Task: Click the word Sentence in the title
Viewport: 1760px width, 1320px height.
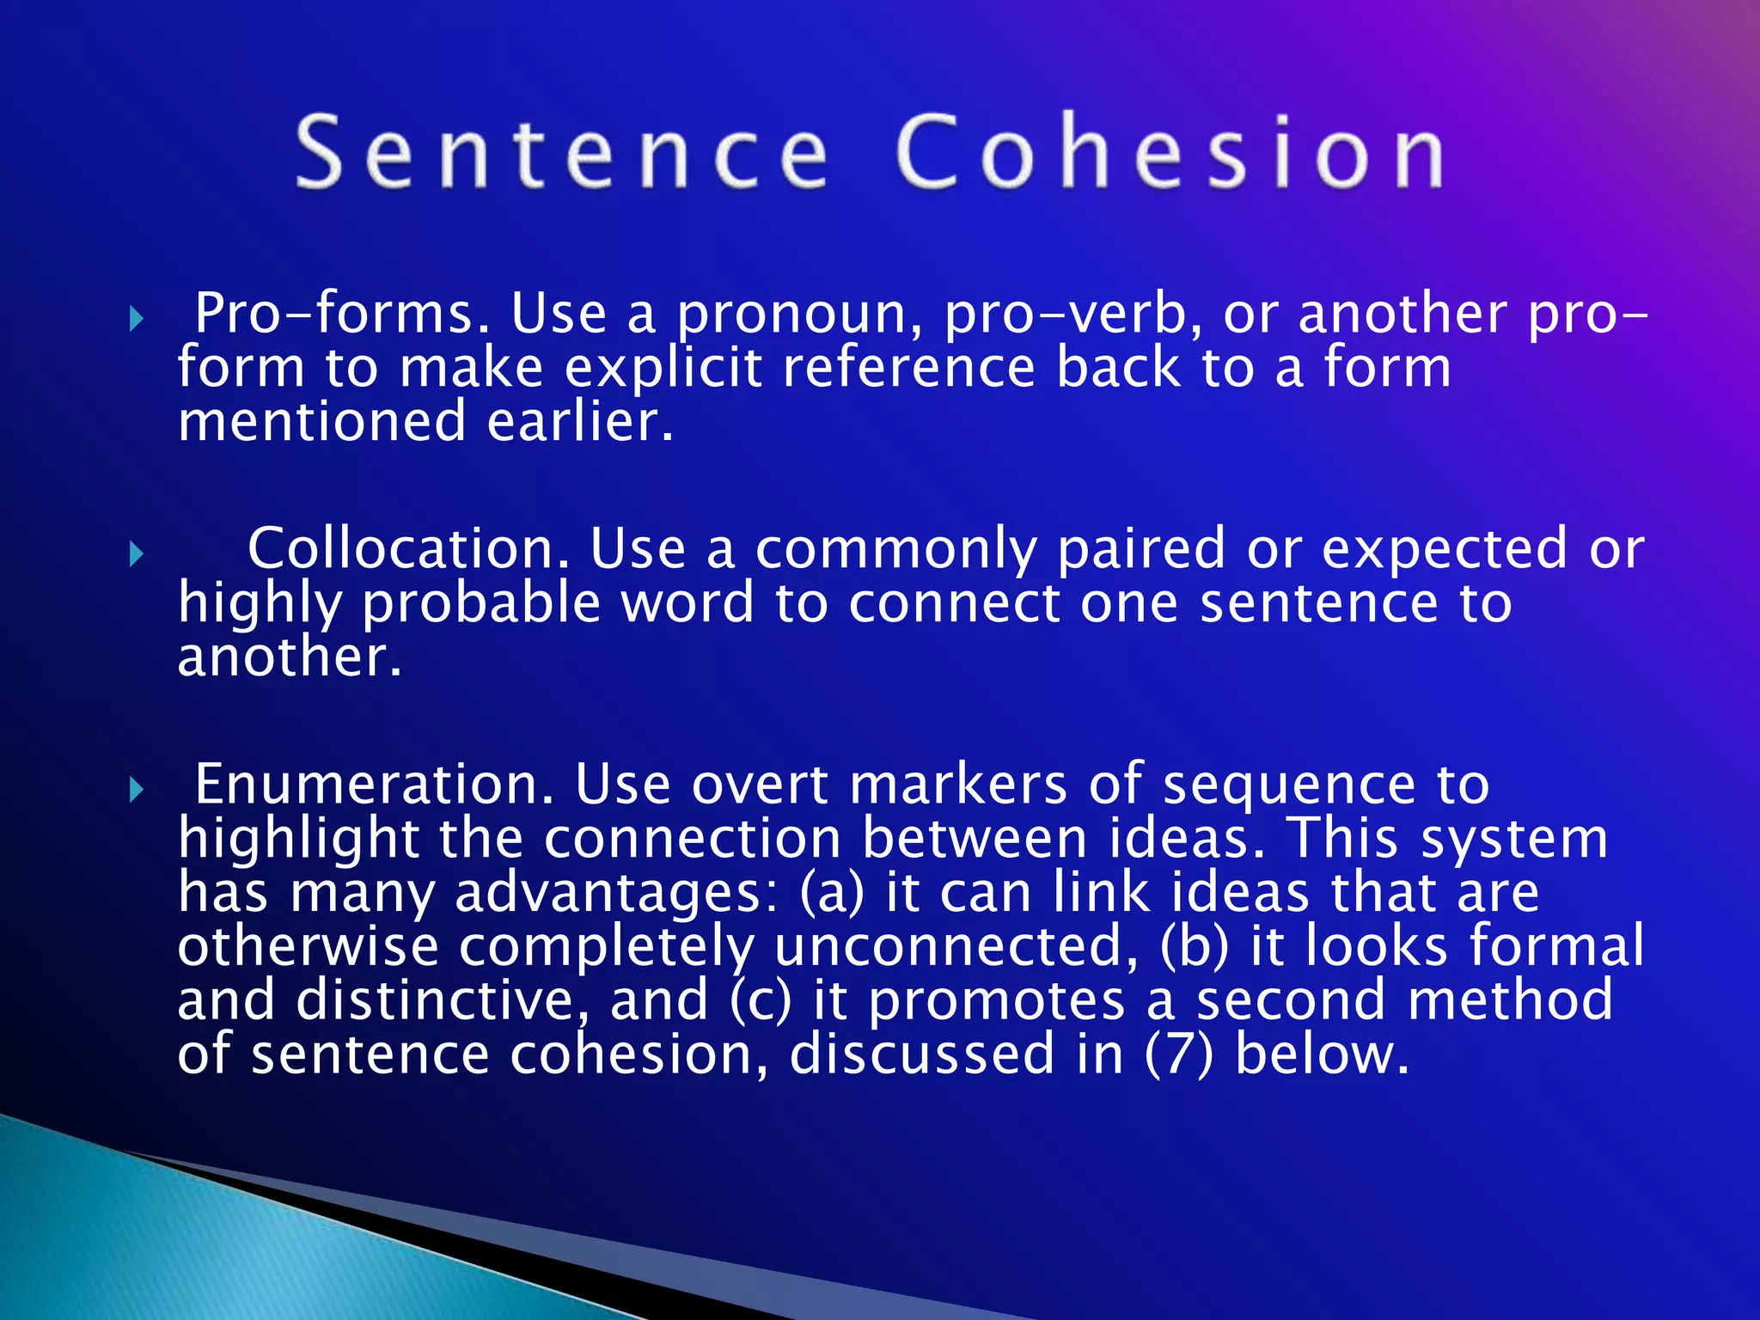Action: click(562, 152)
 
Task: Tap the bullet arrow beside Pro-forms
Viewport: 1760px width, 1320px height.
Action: click(136, 320)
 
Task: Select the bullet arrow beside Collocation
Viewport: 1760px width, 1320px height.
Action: click(136, 554)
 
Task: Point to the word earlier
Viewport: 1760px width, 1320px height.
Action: click(581, 422)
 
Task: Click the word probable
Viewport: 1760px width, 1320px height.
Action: click(480, 604)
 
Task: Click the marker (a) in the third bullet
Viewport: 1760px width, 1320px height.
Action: click(831, 893)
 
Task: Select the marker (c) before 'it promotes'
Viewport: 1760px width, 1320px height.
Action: click(761, 1000)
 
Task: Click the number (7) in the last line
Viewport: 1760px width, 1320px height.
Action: click(1179, 1054)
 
